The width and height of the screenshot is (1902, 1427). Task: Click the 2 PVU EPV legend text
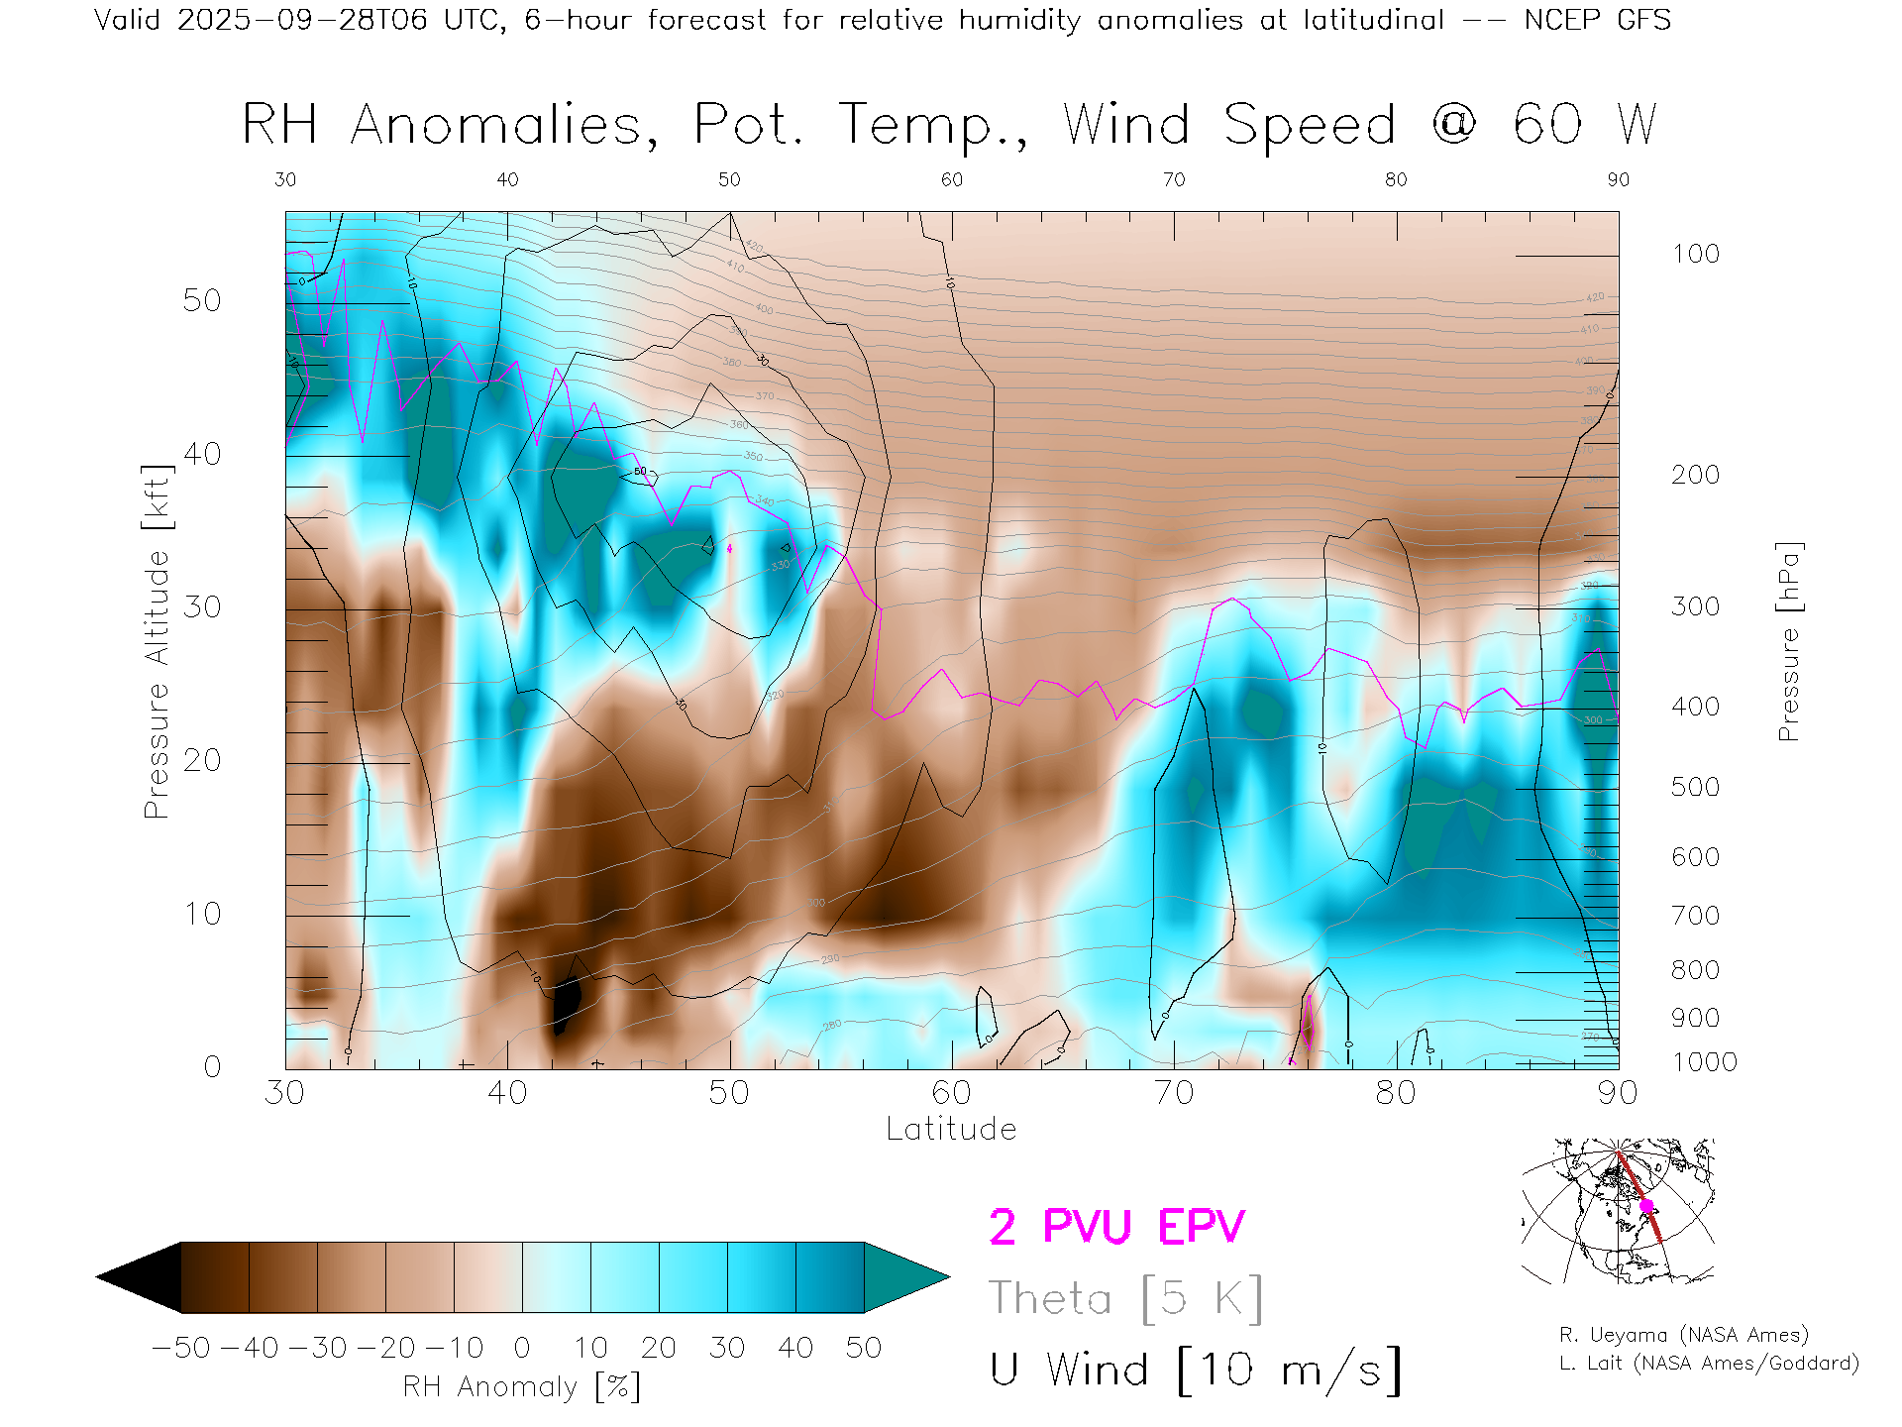click(x=1116, y=1227)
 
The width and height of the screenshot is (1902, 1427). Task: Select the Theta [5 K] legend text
click(x=1125, y=1298)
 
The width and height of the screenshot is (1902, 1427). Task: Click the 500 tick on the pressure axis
click(x=1696, y=787)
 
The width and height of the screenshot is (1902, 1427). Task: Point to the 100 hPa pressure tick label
click(x=1696, y=254)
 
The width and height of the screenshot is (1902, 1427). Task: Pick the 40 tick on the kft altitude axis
click(x=202, y=454)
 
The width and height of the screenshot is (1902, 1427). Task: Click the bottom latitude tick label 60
click(x=951, y=1093)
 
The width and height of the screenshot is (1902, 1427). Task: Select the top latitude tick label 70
click(x=1174, y=179)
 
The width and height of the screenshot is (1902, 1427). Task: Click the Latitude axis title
click(x=951, y=1129)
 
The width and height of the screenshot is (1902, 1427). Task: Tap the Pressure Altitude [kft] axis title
click(x=157, y=641)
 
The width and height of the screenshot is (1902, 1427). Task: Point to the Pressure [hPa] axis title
click(x=1788, y=641)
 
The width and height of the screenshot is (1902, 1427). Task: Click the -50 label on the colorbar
click(x=181, y=1348)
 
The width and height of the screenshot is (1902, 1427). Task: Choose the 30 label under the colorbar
click(x=726, y=1348)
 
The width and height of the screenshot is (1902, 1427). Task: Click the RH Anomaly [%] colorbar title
click(x=522, y=1386)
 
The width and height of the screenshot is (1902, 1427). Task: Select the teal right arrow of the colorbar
click(x=903, y=1277)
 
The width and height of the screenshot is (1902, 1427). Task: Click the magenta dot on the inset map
click(x=1646, y=1206)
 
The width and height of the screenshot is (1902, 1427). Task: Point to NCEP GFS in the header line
click(x=1597, y=20)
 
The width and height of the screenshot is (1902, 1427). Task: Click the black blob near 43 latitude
click(x=566, y=1003)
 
